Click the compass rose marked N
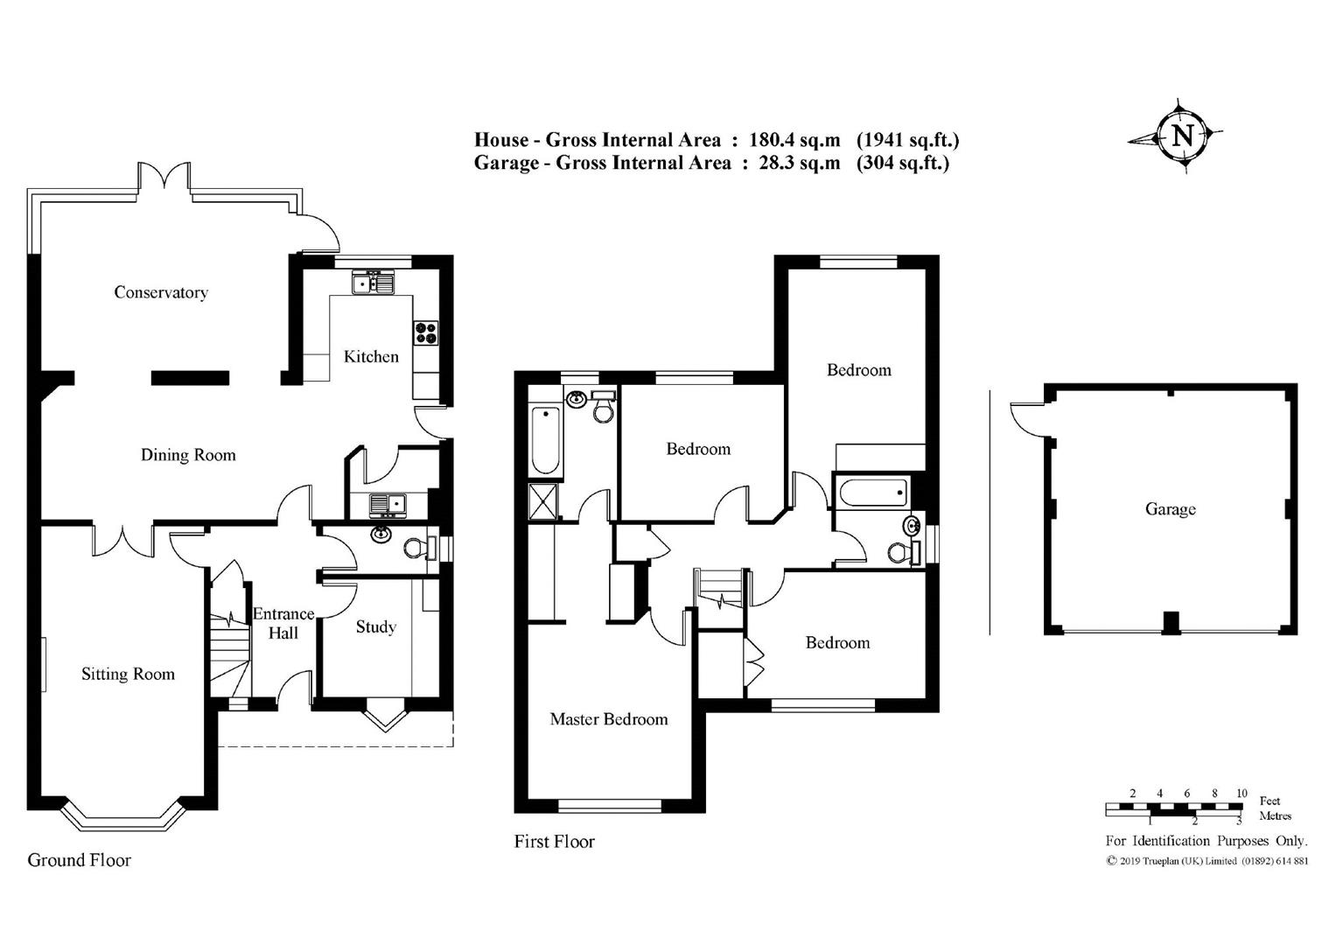tap(1182, 136)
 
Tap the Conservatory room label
tap(161, 292)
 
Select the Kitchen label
tap(371, 356)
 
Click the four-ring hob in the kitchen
tap(426, 332)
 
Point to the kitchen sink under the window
tap(374, 283)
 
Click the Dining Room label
tap(188, 455)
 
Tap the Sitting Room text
tap(128, 674)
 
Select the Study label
tap(375, 626)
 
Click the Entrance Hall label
tap(283, 623)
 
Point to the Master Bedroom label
tap(608, 719)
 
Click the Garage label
tap(1170, 509)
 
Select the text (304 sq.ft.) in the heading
tap(902, 163)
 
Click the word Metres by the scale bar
tap(1275, 816)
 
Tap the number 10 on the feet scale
tap(1241, 794)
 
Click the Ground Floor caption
tap(79, 859)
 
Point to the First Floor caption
tap(554, 842)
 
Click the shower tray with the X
tap(543, 502)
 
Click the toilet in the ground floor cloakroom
tap(416, 548)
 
